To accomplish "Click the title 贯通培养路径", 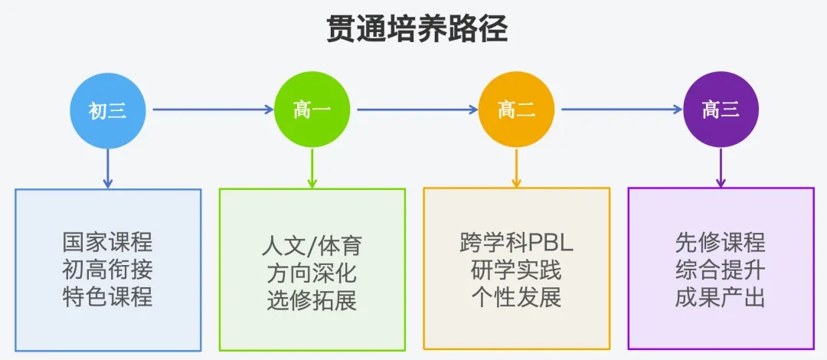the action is pos(417,30).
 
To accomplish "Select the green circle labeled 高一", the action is pos(312,110).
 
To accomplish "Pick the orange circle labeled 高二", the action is pos(516,110).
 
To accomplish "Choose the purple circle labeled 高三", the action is pos(721,110).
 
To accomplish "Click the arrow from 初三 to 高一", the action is pos(213,110).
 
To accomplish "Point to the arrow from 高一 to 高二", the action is pos(417,110).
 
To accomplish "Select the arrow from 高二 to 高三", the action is pos(622,110).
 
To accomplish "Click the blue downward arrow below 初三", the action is pos(108,169).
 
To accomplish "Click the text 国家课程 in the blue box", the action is pos(108,243).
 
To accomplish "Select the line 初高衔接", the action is pos(108,270).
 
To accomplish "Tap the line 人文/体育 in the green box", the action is pos(312,247).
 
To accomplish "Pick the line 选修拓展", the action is pos(312,301).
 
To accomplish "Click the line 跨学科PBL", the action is pos(516,244).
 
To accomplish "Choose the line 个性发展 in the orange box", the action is pos(516,298).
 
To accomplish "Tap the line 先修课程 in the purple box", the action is pos(721,243).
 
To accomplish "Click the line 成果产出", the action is pos(721,298).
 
